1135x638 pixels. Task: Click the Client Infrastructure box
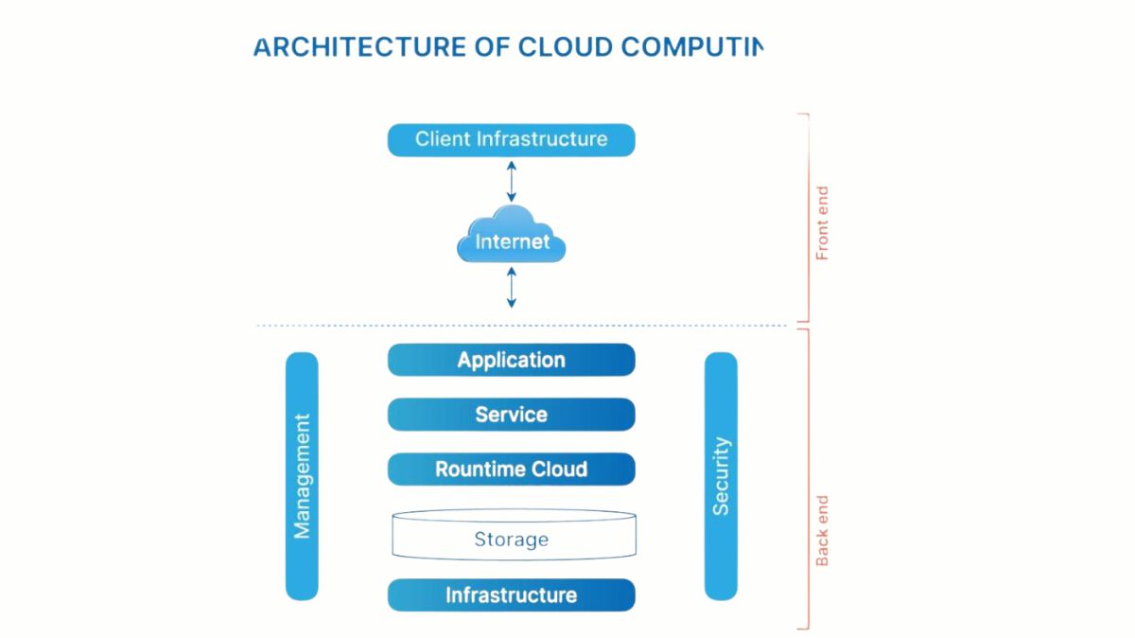click(x=511, y=140)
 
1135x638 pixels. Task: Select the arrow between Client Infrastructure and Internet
click(x=511, y=181)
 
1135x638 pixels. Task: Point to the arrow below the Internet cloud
click(x=511, y=287)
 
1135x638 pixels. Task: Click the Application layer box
click(x=511, y=360)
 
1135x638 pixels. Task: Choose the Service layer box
click(x=511, y=415)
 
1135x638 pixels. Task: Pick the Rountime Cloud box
click(x=511, y=470)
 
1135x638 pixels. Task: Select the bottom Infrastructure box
click(x=511, y=595)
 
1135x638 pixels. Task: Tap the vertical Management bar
click(x=302, y=476)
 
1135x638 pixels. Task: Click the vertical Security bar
click(x=721, y=476)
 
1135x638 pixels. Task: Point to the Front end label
click(x=822, y=223)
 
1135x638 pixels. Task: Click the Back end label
click(x=822, y=531)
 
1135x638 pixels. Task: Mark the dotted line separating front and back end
click(x=520, y=326)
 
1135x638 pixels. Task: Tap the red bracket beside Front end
click(x=807, y=218)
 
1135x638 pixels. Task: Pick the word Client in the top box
click(x=443, y=139)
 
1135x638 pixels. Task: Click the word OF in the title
click(x=492, y=46)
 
